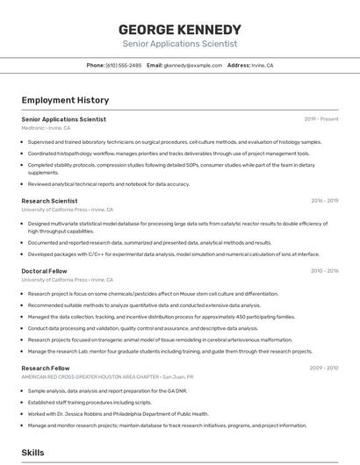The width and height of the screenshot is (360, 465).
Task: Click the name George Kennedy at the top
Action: tap(179, 29)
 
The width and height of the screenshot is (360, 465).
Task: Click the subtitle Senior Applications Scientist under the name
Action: tap(179, 44)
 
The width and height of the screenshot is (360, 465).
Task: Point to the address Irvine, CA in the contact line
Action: tap(263, 65)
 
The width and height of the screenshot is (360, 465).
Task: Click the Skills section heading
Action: tap(32, 453)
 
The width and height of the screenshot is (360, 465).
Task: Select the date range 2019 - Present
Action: tap(320, 119)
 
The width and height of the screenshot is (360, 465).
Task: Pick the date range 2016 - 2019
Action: tap(324, 201)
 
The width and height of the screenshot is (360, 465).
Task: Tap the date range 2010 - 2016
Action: tap(324, 271)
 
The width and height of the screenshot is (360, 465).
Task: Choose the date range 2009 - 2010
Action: tap(324, 368)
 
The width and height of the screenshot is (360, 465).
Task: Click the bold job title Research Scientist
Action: tap(49, 201)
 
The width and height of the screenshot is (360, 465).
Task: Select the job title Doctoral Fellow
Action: tap(44, 271)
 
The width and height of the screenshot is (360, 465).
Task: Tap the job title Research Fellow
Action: tap(46, 368)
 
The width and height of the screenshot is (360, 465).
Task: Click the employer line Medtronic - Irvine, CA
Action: tap(46, 128)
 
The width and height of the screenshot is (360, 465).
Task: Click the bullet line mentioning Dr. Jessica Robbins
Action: tap(119, 413)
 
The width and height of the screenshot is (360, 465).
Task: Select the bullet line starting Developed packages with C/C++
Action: tap(174, 254)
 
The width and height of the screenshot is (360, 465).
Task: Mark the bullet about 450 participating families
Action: tap(162, 317)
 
